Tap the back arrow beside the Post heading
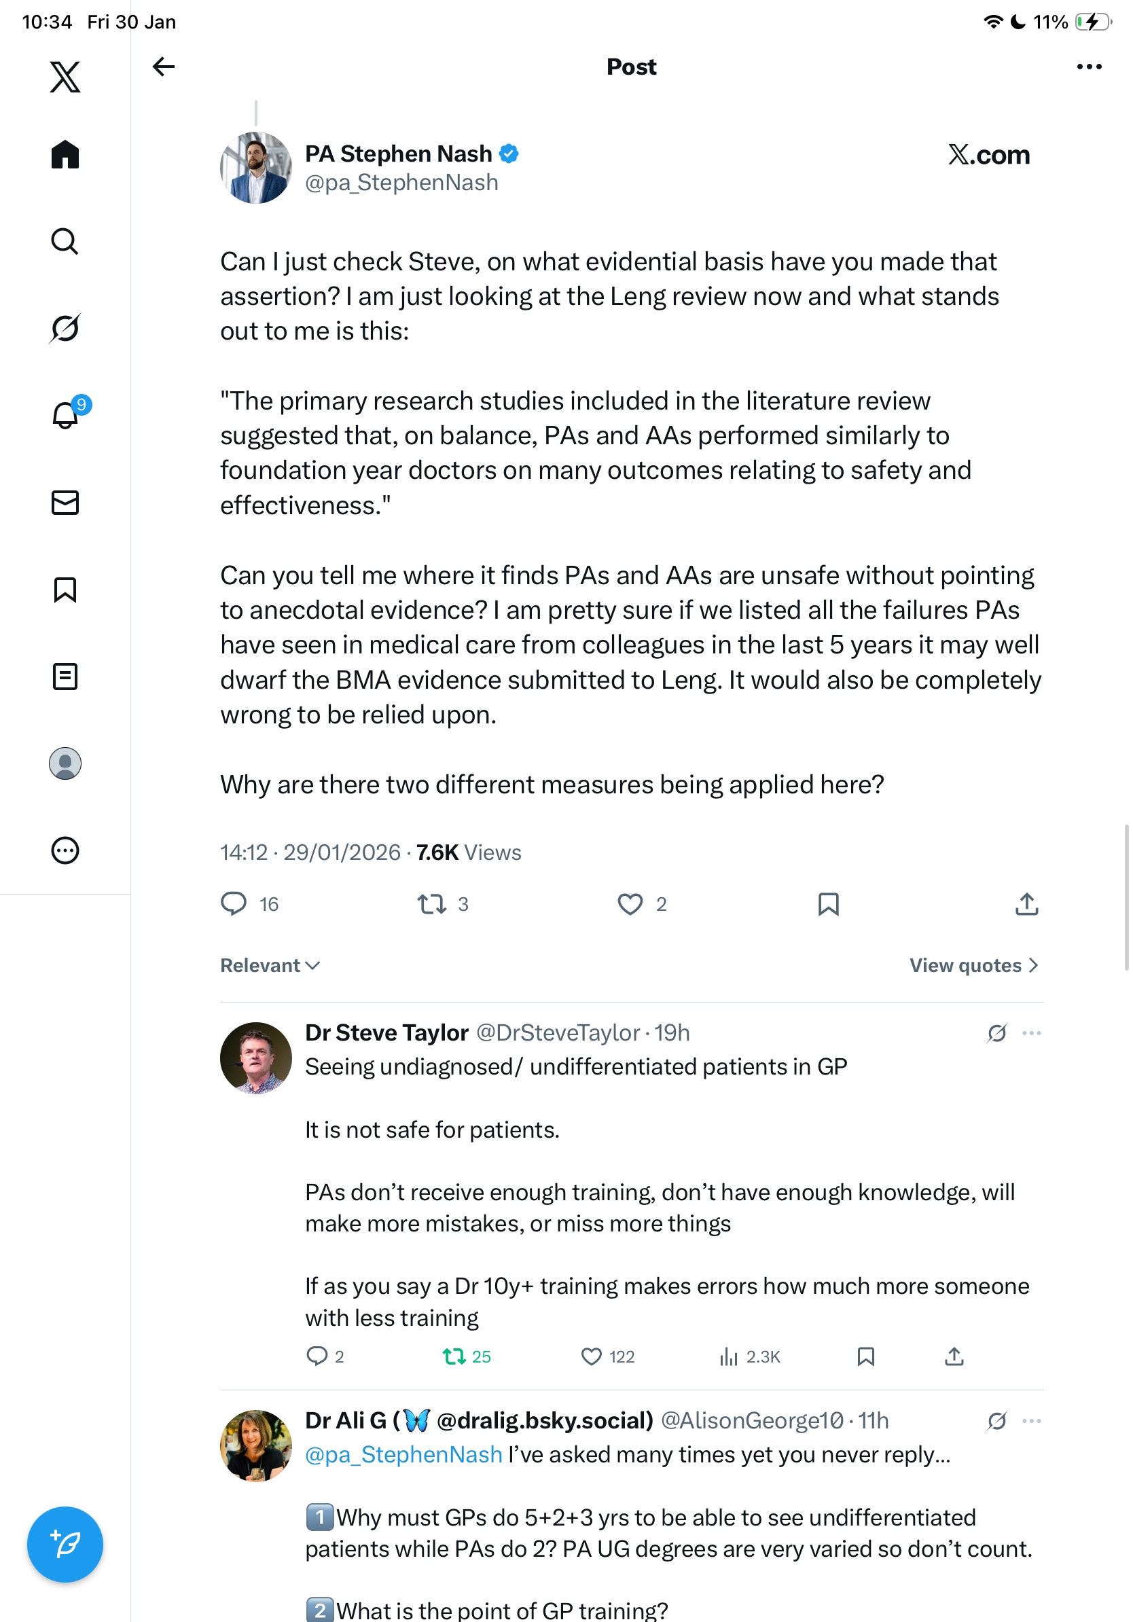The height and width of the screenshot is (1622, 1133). click(163, 67)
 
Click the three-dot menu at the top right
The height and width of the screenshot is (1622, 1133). click(1088, 67)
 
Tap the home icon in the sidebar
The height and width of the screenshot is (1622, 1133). click(65, 154)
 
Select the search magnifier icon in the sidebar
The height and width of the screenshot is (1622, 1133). click(65, 241)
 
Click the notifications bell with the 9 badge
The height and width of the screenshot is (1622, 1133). click(66, 415)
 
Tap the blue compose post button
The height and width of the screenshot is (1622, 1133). click(65, 1544)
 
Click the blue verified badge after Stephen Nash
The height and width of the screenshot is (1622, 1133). click(509, 154)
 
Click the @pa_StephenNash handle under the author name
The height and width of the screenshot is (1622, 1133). click(401, 183)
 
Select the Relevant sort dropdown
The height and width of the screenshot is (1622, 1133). click(270, 965)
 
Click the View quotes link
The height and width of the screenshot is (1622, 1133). click(973, 965)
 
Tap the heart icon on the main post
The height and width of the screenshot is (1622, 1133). click(630, 904)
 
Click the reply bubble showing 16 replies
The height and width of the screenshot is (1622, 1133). click(234, 903)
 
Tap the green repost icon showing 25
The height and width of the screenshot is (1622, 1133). click(454, 1356)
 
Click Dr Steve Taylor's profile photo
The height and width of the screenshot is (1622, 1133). click(255, 1058)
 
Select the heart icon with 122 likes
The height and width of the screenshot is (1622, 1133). click(591, 1356)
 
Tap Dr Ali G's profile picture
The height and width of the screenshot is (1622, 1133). click(255, 1445)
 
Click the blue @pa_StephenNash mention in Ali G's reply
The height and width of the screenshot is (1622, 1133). click(403, 1455)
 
